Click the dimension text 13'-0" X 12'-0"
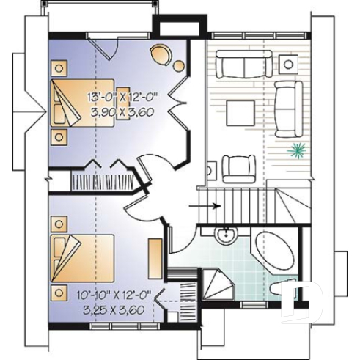point(123,98)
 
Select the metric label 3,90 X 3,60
point(123,113)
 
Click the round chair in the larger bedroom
point(161,56)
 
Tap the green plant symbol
point(297,151)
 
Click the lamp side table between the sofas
point(289,64)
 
